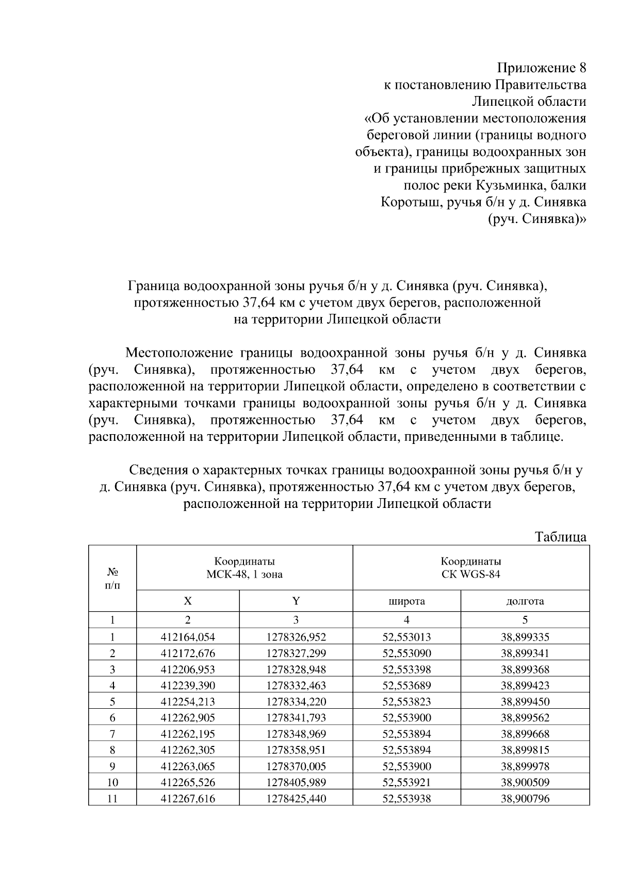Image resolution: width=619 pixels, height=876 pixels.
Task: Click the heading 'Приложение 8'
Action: coord(542,68)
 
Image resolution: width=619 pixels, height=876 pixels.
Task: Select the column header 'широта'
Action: coord(406,601)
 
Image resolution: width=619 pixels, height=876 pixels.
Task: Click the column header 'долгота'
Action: coord(525,601)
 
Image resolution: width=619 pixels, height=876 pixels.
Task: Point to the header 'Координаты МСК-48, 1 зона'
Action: coord(245,568)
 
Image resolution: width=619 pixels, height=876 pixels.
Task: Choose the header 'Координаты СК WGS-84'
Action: coord(471,568)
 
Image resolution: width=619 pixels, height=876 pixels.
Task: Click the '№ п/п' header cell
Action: coord(112,579)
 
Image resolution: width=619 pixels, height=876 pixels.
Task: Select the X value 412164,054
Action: coord(188,637)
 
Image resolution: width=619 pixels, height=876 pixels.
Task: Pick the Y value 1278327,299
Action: coord(296,653)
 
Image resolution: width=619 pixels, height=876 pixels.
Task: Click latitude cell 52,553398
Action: coord(406,670)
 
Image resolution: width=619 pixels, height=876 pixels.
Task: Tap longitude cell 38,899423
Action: coord(525,686)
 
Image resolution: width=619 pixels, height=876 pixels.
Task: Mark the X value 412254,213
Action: coord(188,702)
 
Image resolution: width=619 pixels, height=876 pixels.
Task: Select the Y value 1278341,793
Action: coord(296,718)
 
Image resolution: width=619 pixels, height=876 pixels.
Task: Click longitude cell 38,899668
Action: coord(525,734)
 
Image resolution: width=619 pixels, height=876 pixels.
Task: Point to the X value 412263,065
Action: coord(188,766)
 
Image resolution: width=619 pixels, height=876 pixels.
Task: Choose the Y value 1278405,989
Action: coord(296,782)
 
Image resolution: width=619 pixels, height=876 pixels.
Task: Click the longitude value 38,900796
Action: coord(525,799)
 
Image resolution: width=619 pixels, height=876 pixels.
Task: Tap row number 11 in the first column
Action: coord(112,799)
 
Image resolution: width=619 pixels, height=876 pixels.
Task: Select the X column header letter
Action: coord(188,601)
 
